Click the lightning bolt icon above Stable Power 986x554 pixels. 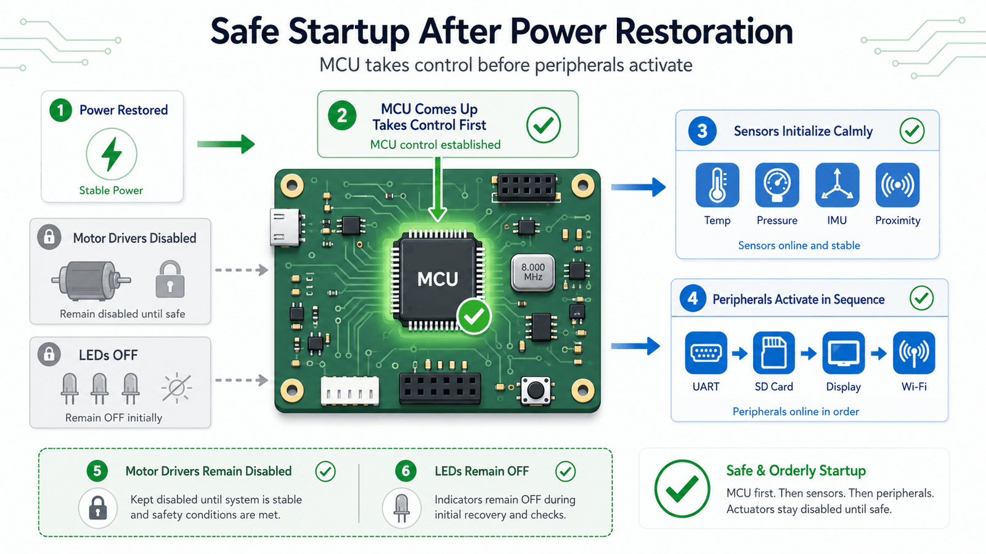pos(112,154)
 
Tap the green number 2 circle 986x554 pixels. pos(342,116)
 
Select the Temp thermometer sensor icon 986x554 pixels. pos(717,185)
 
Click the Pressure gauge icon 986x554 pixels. pos(777,185)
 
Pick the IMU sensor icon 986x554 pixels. pos(837,185)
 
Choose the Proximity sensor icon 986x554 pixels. pos(897,185)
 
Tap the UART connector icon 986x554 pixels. pos(706,353)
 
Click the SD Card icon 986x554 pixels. pos(774,353)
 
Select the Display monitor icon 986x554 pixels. pos(844,353)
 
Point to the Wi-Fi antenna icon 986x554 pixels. pos(915,353)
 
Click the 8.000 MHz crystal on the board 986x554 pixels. pos(533,273)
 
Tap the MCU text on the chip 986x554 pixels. pos(438,279)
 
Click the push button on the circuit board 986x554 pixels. pos(536,390)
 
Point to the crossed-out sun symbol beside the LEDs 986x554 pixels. pos(176,388)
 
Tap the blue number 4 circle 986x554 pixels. pos(693,299)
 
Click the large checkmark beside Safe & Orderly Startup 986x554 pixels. pos(682,489)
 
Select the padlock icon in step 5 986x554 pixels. pos(98,508)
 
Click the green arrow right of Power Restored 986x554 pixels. pos(226,144)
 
